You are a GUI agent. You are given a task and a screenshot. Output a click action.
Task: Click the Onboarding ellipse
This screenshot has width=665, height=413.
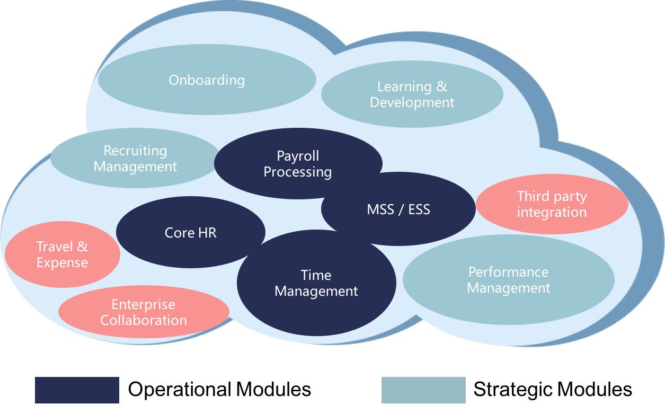coord(207,80)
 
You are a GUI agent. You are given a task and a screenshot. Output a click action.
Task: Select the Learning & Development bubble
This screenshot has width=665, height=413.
coord(412,94)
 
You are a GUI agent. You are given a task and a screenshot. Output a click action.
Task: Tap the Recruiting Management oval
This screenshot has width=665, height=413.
coord(135,159)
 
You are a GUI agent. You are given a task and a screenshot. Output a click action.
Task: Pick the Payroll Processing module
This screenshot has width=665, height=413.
coord(298,164)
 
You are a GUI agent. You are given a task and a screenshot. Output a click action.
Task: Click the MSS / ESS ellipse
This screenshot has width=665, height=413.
coord(398,209)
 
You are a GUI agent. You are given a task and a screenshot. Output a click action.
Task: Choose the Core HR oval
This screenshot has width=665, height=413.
coord(191,232)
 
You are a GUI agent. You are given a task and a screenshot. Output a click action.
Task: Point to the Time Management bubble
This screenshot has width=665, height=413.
coord(316,283)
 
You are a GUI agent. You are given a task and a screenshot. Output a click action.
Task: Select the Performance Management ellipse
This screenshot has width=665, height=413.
coord(509,280)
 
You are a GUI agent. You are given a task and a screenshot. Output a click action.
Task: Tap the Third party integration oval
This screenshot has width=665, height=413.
coord(552,205)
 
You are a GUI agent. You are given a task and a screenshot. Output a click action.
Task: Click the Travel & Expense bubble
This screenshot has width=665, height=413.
coord(62,254)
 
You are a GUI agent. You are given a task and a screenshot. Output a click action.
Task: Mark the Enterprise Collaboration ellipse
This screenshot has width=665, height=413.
coord(144,312)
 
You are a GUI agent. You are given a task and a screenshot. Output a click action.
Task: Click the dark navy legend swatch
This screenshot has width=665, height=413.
coord(77,390)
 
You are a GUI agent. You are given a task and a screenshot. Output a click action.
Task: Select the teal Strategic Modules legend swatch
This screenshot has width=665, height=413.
coord(423,390)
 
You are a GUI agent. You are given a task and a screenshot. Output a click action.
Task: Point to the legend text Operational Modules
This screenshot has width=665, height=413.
coord(219,390)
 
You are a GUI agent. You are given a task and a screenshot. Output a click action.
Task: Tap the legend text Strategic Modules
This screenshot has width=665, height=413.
coord(553,390)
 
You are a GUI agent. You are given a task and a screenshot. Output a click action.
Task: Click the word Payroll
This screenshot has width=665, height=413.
coord(298,156)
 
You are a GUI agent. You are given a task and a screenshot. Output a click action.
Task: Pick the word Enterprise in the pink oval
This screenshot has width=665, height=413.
coord(143,305)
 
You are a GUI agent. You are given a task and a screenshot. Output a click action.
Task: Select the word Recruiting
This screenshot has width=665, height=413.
coord(135,151)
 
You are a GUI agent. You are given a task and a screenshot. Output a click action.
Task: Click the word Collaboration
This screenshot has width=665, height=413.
coord(144,320)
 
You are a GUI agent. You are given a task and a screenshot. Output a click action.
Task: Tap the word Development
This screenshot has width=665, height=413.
coord(412,102)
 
